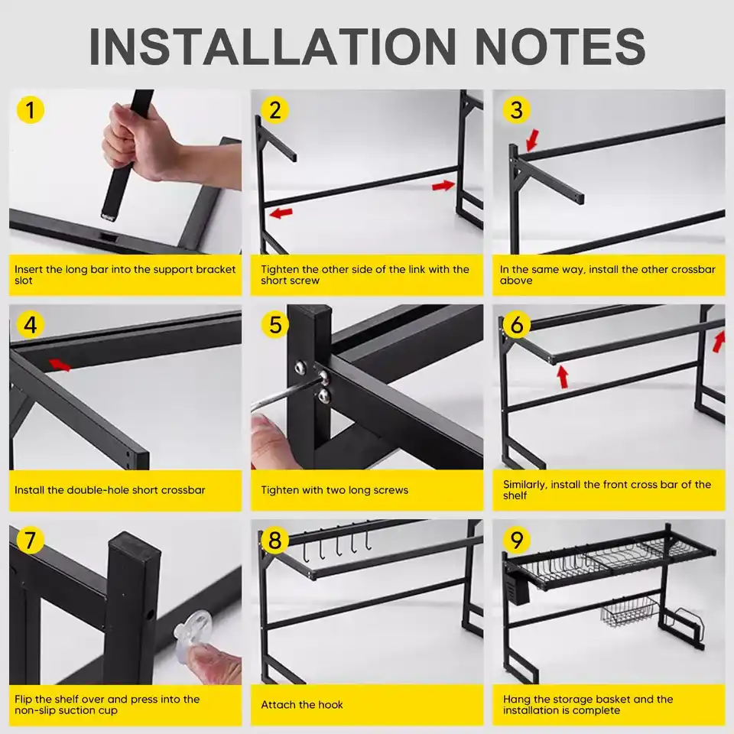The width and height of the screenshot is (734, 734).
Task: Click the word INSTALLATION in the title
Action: pos(272,47)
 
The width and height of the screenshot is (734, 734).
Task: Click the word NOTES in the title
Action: pos(560,47)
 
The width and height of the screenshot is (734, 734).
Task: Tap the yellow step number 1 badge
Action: pos(31,110)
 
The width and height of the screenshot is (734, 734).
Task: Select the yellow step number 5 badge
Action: pos(275,325)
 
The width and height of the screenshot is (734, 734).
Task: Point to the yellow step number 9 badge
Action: pos(517,540)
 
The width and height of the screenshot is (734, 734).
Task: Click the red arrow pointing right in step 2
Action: pos(443,186)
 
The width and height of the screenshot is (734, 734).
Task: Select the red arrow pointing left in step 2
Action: pos(281,213)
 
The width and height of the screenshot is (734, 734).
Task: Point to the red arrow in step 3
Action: pos(532,140)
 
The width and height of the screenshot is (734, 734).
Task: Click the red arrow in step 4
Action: pos(60,365)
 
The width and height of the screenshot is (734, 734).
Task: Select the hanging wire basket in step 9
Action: pos(629,612)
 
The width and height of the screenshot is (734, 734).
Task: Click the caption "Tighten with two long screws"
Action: pos(335,490)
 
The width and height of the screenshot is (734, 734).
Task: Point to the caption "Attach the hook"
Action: pos(302,704)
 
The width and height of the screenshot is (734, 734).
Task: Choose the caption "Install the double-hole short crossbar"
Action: pos(110,490)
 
